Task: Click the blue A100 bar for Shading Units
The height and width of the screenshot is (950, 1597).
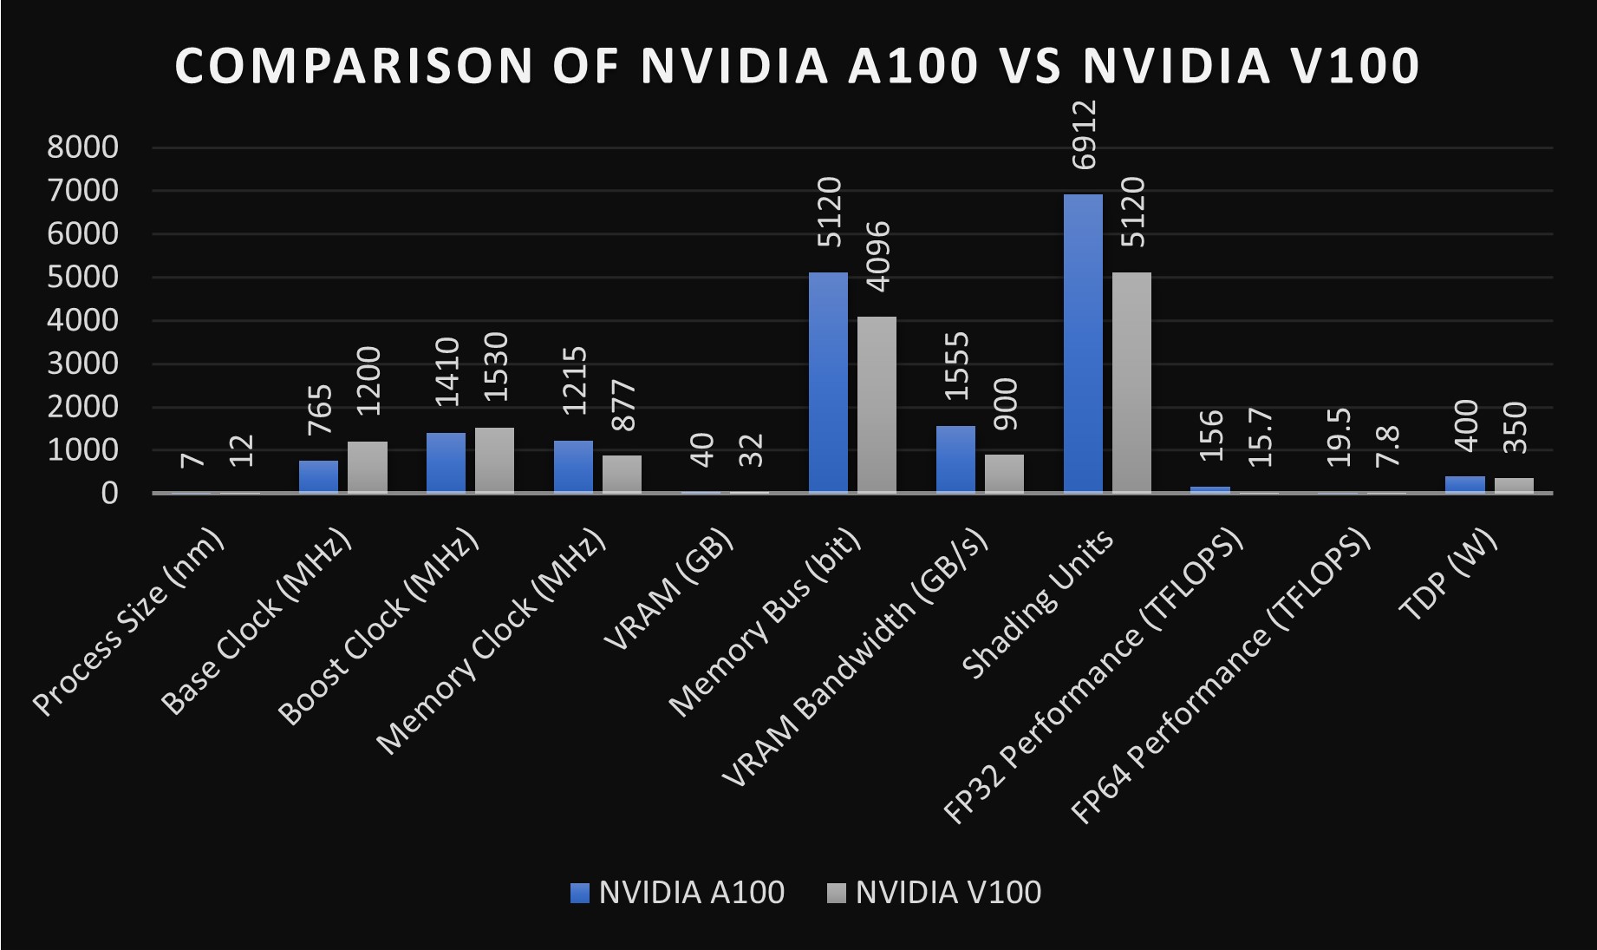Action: coord(1083,344)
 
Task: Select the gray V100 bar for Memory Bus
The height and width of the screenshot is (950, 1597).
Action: coord(877,404)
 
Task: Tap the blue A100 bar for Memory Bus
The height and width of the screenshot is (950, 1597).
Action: coord(828,383)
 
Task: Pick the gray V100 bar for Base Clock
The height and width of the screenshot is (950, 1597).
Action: coord(368,467)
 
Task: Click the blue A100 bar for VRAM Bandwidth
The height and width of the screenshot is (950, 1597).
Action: coord(955,459)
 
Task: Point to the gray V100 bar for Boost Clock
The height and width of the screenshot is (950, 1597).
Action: coord(494,460)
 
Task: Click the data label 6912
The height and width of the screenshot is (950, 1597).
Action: coord(1084,135)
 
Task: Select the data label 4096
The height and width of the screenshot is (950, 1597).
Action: coord(878,257)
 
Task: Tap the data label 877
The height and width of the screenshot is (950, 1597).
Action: coord(623,405)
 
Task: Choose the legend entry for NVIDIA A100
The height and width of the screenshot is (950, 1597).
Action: coord(678,893)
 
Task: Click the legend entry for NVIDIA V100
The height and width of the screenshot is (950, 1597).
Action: coord(935,893)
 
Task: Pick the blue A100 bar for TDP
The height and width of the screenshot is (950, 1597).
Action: coord(1465,484)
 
